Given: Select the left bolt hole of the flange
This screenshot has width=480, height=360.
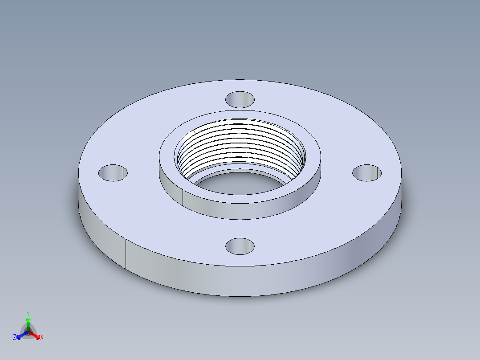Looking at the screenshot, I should click(113, 172).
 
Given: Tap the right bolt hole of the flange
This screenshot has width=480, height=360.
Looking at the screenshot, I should click(367, 172).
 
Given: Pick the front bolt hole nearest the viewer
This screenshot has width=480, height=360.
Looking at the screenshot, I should click(240, 245).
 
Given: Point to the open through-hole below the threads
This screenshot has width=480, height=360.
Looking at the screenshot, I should click(240, 183).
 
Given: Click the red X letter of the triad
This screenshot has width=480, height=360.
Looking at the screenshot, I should click(42, 338).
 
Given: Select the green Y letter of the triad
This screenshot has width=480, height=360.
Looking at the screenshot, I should click(28, 313).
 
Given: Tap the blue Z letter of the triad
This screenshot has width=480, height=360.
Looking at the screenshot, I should click(15, 338).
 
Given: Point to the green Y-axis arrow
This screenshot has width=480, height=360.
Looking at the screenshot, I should click(28, 323).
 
